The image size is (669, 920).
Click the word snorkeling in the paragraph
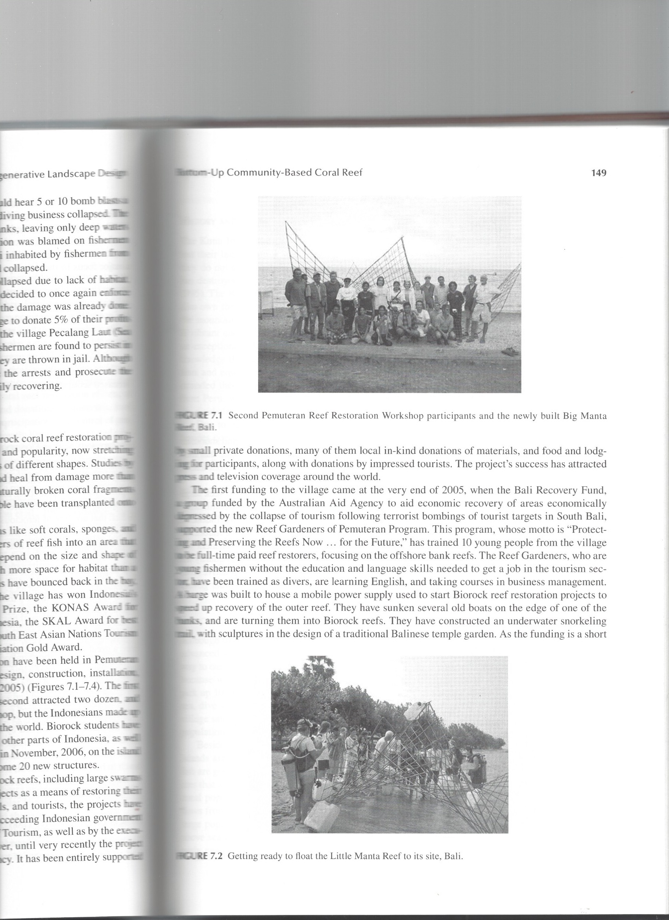coord(585,621)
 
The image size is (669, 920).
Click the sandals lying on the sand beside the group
coord(511,352)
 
